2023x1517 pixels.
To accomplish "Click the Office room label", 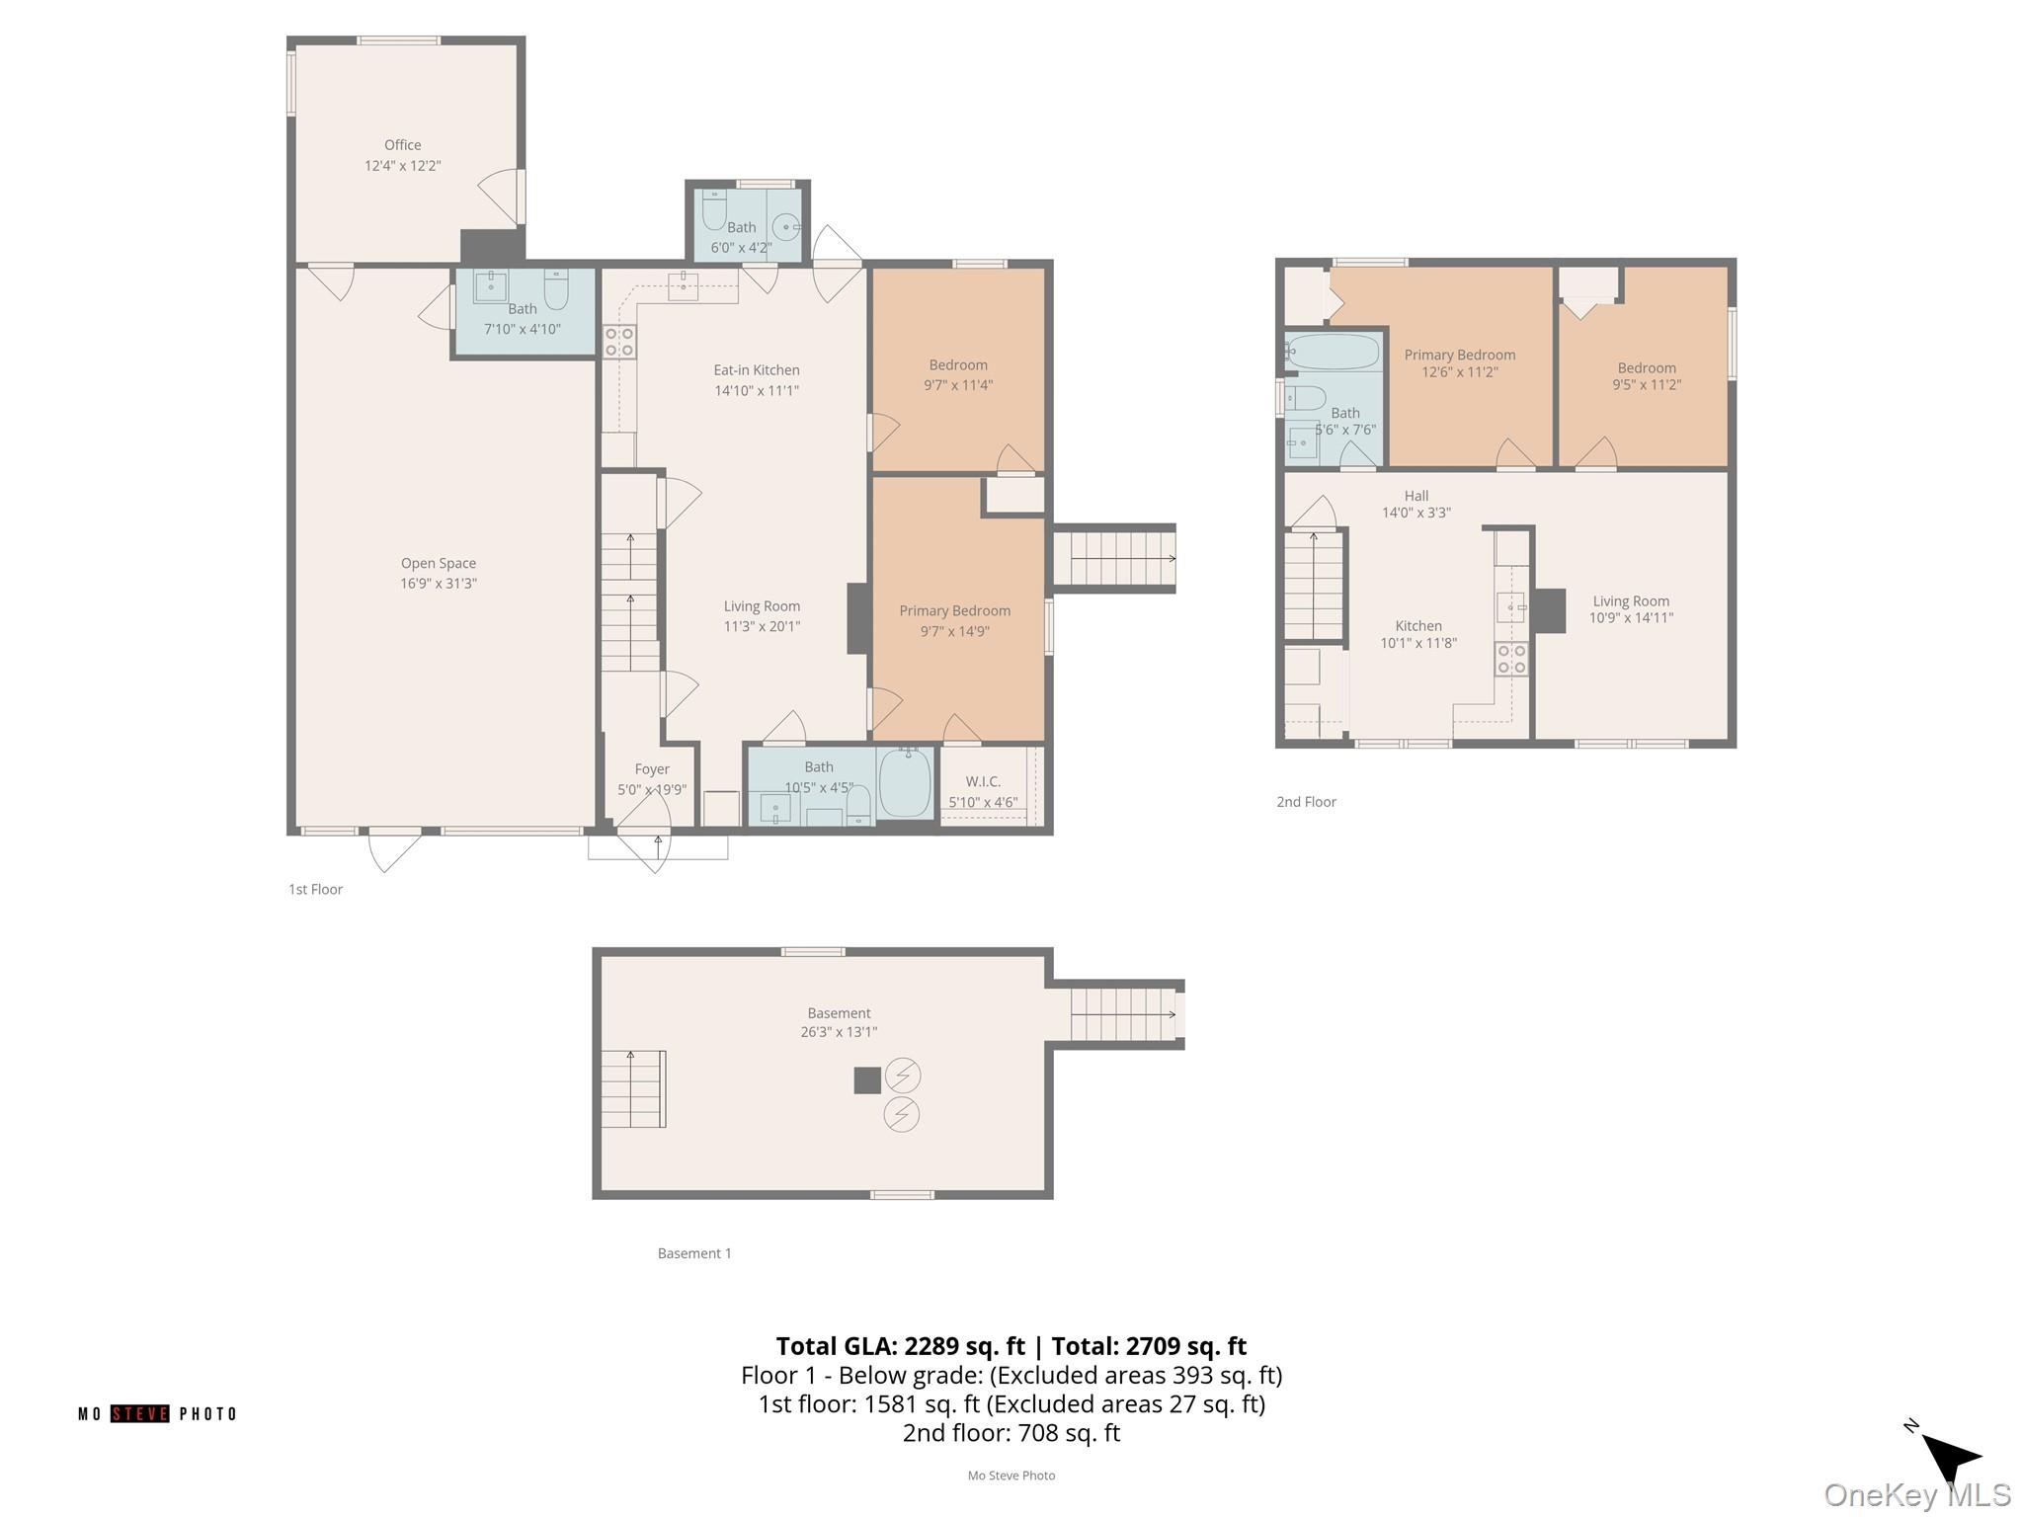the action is click(403, 145).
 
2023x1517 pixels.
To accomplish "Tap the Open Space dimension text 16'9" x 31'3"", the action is click(439, 584).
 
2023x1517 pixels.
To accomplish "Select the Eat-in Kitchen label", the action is click(757, 370).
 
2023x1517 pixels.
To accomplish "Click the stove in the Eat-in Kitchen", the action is click(619, 341).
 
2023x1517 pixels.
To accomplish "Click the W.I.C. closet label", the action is click(983, 781).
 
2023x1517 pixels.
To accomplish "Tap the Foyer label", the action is click(652, 769).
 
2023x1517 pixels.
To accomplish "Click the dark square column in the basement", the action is click(867, 1080).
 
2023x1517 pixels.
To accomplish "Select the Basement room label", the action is click(840, 1013).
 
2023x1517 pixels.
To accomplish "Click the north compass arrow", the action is click(1950, 1456).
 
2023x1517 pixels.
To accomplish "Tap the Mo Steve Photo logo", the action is click(158, 1414).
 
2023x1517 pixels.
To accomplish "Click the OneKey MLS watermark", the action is click(1917, 1495).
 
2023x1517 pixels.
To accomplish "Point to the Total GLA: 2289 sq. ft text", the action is click(901, 1346).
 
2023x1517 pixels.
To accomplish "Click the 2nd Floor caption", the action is click(1306, 802).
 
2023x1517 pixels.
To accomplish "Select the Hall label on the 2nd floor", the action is click(1416, 496).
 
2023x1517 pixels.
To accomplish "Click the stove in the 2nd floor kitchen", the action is click(1511, 659).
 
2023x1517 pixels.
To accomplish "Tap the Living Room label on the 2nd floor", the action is click(1631, 601).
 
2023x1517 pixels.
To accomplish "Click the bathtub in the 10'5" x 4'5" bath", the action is click(905, 782).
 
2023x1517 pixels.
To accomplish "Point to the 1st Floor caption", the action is click(315, 890).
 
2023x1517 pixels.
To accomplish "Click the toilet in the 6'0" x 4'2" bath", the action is click(714, 209).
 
